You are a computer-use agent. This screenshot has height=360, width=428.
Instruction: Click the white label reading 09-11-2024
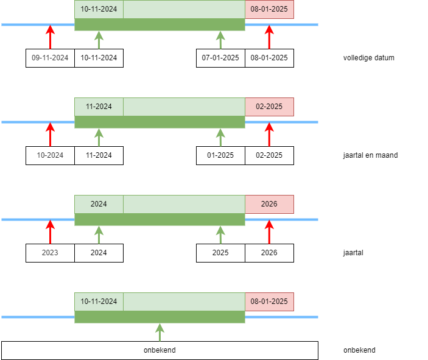pos(50,58)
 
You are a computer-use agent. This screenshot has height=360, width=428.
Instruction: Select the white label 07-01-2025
pos(220,58)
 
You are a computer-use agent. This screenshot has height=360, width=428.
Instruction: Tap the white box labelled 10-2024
pos(50,155)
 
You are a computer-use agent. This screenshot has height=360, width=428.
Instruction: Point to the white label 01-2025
pos(220,155)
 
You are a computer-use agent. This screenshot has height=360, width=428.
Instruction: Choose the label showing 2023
pos(50,253)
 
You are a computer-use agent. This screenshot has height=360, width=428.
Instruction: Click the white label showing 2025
pos(220,253)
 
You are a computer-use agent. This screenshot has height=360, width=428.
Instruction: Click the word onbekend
pos(160,350)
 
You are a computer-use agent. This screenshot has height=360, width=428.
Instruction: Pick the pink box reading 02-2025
pos(269,107)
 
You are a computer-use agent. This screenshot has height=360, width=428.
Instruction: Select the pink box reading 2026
pos(269,204)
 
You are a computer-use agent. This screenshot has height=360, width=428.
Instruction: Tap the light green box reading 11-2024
pos(99,107)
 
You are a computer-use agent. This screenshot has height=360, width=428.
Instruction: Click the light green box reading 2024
pos(99,204)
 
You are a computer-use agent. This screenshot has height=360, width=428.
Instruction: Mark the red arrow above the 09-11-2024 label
pos(50,37)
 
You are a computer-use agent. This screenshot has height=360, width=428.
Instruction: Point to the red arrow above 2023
pos(50,231)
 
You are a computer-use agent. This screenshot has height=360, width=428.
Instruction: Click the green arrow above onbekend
pos(160,332)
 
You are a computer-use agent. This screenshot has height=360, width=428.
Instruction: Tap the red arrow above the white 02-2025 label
pos(269,134)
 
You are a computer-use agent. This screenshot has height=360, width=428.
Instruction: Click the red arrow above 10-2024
pos(50,134)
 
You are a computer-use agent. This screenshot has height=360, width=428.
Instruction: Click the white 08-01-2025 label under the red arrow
pos(269,58)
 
